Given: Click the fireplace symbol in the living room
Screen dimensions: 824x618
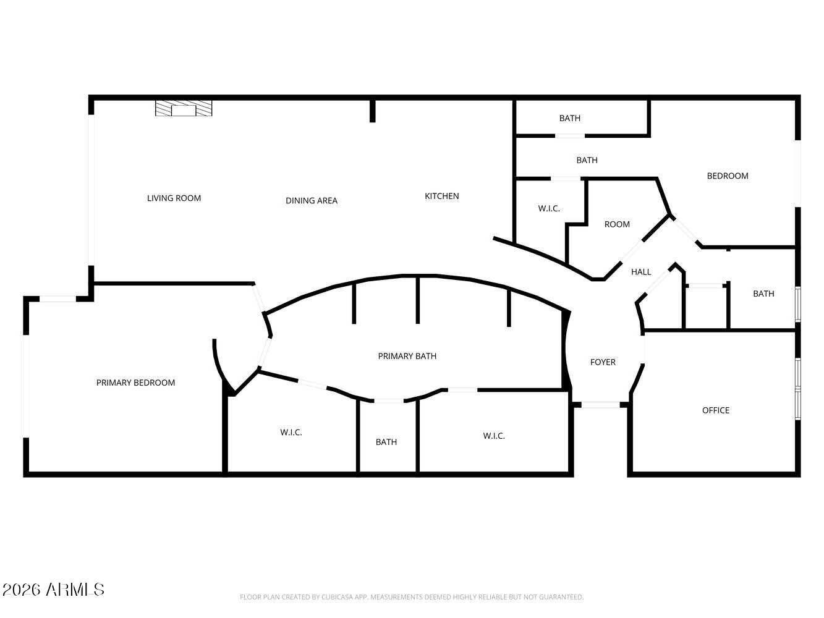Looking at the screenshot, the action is (184, 108).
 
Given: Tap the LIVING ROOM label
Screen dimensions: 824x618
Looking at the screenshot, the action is (174, 198).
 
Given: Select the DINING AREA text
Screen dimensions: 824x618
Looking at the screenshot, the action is (312, 201).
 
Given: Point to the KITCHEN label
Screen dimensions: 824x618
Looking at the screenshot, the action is (442, 196).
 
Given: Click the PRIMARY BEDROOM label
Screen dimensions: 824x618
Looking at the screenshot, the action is (135, 383).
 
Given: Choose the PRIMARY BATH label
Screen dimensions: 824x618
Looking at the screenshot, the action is (407, 356).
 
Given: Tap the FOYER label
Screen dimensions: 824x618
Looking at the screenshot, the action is (603, 362).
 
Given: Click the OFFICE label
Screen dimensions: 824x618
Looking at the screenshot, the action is (716, 410).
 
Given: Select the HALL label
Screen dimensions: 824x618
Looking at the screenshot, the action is (641, 272).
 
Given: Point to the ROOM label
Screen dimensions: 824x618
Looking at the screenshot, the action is (617, 224).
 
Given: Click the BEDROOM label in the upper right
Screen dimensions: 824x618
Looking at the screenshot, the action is (728, 176).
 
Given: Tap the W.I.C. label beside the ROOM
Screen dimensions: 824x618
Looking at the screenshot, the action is (549, 209).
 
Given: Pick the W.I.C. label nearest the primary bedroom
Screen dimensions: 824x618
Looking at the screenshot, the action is (291, 433).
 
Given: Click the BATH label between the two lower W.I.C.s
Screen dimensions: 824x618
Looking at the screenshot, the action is (386, 442).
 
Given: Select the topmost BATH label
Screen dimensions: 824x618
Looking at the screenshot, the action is (570, 118).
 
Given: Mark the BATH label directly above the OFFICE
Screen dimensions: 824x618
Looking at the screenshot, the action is (763, 294).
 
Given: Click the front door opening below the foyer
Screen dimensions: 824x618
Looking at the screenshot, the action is (600, 405).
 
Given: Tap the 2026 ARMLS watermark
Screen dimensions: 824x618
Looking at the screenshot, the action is (53, 590).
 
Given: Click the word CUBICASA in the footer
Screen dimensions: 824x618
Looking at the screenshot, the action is (338, 597).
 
